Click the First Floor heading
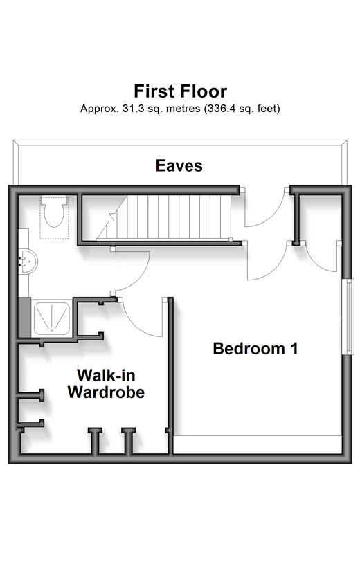pyautogui.click(x=181, y=91)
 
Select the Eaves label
pyautogui.click(x=179, y=165)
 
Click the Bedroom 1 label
pyautogui.click(x=255, y=349)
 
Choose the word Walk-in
pyautogui.click(x=106, y=375)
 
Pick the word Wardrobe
pyautogui.click(x=106, y=392)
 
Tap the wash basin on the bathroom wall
pyautogui.click(x=28, y=261)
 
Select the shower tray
pyautogui.click(x=52, y=318)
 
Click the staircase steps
pyautogui.click(x=163, y=217)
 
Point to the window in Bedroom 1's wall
pyautogui.click(x=349, y=316)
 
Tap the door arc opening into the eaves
pyautogui.click(x=275, y=217)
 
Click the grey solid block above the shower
pyautogui.click(x=24, y=318)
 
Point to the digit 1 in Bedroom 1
pyautogui.click(x=294, y=349)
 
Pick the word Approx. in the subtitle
pyautogui.click(x=100, y=109)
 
